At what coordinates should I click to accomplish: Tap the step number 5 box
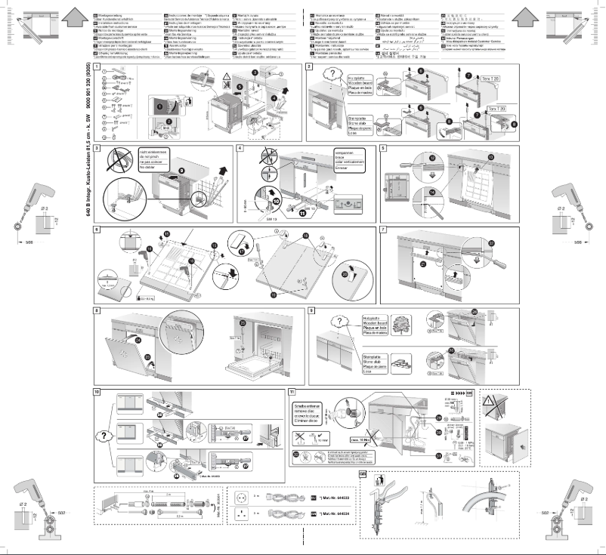pyautogui.click(x=383, y=147)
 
